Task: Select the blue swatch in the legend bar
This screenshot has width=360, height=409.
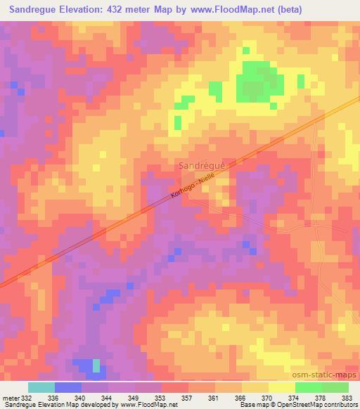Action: pos(67,387)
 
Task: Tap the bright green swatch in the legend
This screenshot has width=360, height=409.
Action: pos(308,387)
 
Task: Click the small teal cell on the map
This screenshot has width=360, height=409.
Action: pos(96,365)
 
